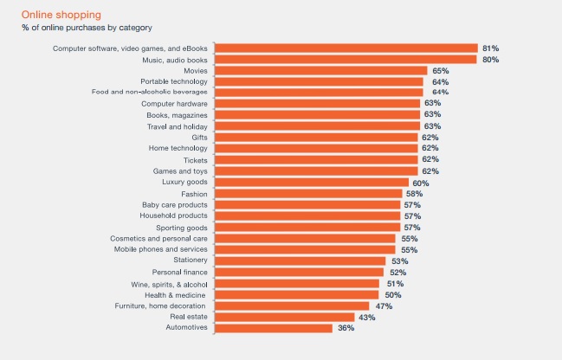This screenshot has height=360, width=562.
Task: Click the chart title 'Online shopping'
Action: [61, 15]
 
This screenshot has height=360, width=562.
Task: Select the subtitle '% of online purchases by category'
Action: [87, 28]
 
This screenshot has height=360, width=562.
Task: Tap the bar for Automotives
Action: [274, 328]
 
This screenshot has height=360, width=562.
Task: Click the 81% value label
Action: [490, 48]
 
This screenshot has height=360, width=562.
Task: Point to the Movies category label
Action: [196, 71]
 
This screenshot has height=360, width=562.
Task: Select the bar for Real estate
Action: [285, 317]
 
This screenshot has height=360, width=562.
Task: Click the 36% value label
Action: [346, 328]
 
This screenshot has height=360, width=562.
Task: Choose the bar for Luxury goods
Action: [312, 183]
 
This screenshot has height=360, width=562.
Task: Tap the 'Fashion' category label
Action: [194, 194]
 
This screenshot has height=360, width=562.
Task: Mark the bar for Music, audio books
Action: [346, 60]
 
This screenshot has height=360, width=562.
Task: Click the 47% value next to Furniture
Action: [384, 306]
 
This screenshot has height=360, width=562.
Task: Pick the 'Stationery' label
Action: [191, 260]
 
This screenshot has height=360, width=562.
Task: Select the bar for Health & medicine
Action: [297, 295]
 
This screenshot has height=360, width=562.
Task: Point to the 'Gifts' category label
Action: [199, 138]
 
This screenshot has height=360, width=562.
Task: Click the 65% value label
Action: [441, 71]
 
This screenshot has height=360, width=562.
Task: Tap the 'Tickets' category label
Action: [196, 160]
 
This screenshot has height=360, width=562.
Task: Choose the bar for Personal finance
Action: [300, 273]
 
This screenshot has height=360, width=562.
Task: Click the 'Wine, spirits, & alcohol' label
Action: [169, 285]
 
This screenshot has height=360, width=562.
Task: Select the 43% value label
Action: [367, 318]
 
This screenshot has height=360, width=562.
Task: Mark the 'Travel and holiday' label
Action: [177, 127]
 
